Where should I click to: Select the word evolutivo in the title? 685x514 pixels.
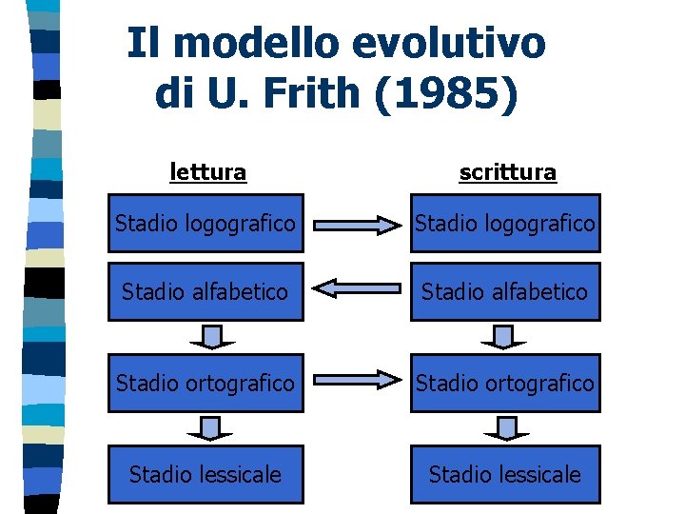450,43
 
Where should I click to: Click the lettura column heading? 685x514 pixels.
207,172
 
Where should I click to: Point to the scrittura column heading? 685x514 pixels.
507,172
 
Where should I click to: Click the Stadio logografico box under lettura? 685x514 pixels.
205,224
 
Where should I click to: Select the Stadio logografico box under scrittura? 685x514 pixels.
505,224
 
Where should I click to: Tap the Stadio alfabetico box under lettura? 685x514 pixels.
205,291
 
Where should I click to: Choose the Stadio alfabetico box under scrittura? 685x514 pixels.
505,291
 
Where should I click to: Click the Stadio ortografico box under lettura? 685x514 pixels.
205,383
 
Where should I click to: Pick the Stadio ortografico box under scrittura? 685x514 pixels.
505,383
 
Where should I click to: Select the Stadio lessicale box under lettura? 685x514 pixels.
205,474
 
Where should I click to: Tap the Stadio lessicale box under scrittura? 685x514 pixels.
505,474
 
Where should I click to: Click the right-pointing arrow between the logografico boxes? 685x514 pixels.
358,226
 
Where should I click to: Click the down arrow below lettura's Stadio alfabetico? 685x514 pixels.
212,337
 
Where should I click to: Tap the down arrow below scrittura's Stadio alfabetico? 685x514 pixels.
504,337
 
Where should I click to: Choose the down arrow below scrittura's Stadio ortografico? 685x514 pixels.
505,428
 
